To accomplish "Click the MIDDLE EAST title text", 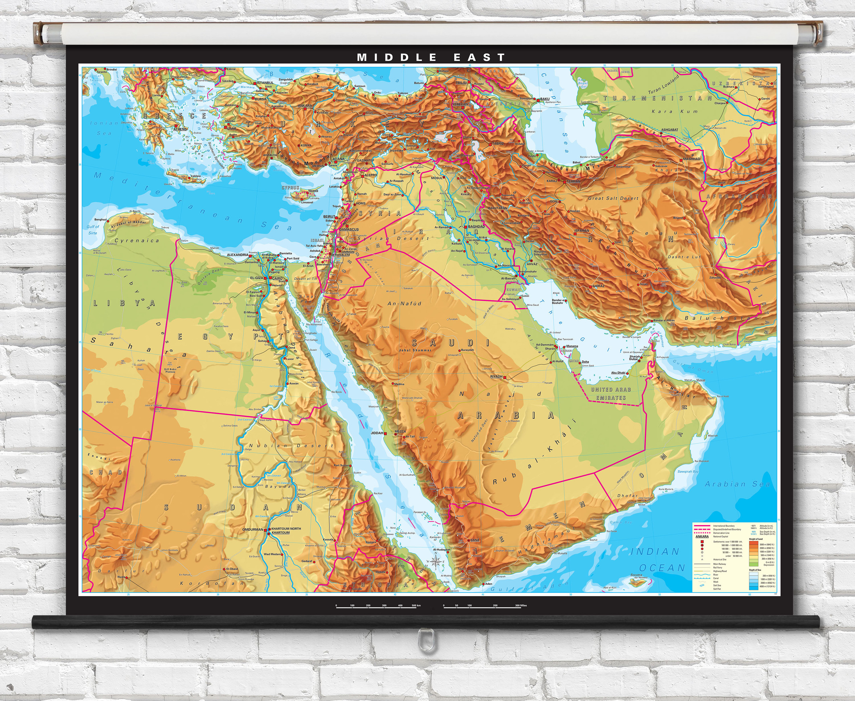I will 431,57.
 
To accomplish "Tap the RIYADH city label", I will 496,376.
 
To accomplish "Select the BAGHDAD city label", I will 476,226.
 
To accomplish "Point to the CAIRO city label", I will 278,278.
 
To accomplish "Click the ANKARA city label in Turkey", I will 305,106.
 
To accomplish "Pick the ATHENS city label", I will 180,129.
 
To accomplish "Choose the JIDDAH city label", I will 376,433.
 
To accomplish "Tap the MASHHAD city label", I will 691,159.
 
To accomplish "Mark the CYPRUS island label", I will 290,188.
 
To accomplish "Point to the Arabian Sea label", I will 737,484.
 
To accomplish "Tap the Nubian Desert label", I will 291,446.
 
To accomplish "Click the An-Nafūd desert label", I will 404,303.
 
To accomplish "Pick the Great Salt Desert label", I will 613,198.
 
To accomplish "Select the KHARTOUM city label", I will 281,533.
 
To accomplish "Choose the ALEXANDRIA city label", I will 237,255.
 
